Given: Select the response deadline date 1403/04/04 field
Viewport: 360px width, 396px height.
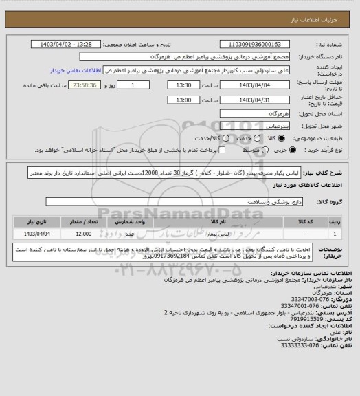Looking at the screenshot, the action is pyautogui.click(x=254, y=85).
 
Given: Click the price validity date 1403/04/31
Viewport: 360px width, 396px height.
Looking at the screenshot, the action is pyautogui.click(x=254, y=100).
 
